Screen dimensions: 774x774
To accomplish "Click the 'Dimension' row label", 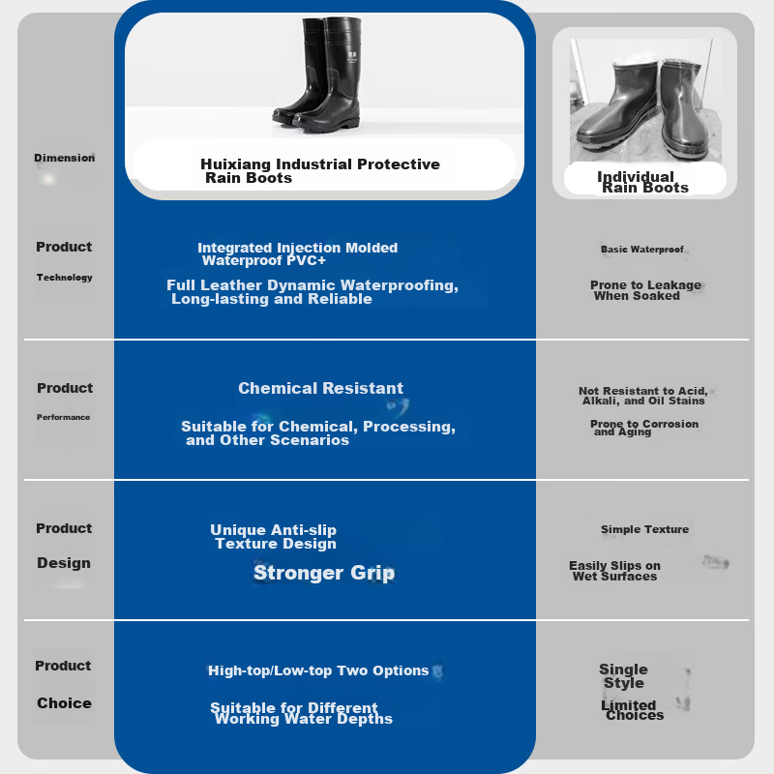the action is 64,158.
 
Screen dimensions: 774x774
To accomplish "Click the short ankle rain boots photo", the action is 645,101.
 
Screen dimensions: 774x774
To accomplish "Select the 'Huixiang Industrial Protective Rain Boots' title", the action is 320,171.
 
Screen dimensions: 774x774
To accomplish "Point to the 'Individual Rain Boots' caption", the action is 642,182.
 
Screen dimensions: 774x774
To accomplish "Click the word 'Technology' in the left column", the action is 64,278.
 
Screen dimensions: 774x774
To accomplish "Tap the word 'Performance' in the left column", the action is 63,417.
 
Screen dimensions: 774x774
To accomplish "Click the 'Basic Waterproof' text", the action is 641,250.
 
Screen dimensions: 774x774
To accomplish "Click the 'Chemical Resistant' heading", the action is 320,389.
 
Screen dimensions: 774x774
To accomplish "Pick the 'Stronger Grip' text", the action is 324,573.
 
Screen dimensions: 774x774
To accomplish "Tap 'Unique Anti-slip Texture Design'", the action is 273,537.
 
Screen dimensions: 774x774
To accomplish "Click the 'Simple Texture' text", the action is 644,529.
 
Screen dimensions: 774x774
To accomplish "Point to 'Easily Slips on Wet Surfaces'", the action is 614,571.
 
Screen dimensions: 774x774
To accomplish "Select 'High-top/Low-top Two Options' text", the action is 318,670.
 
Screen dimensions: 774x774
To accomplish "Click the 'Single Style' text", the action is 623,676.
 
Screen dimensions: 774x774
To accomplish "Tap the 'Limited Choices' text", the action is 633,710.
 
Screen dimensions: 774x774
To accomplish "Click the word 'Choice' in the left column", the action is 64,703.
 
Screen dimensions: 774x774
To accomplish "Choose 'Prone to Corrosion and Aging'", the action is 644,428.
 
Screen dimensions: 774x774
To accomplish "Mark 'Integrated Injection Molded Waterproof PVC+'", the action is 298,254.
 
